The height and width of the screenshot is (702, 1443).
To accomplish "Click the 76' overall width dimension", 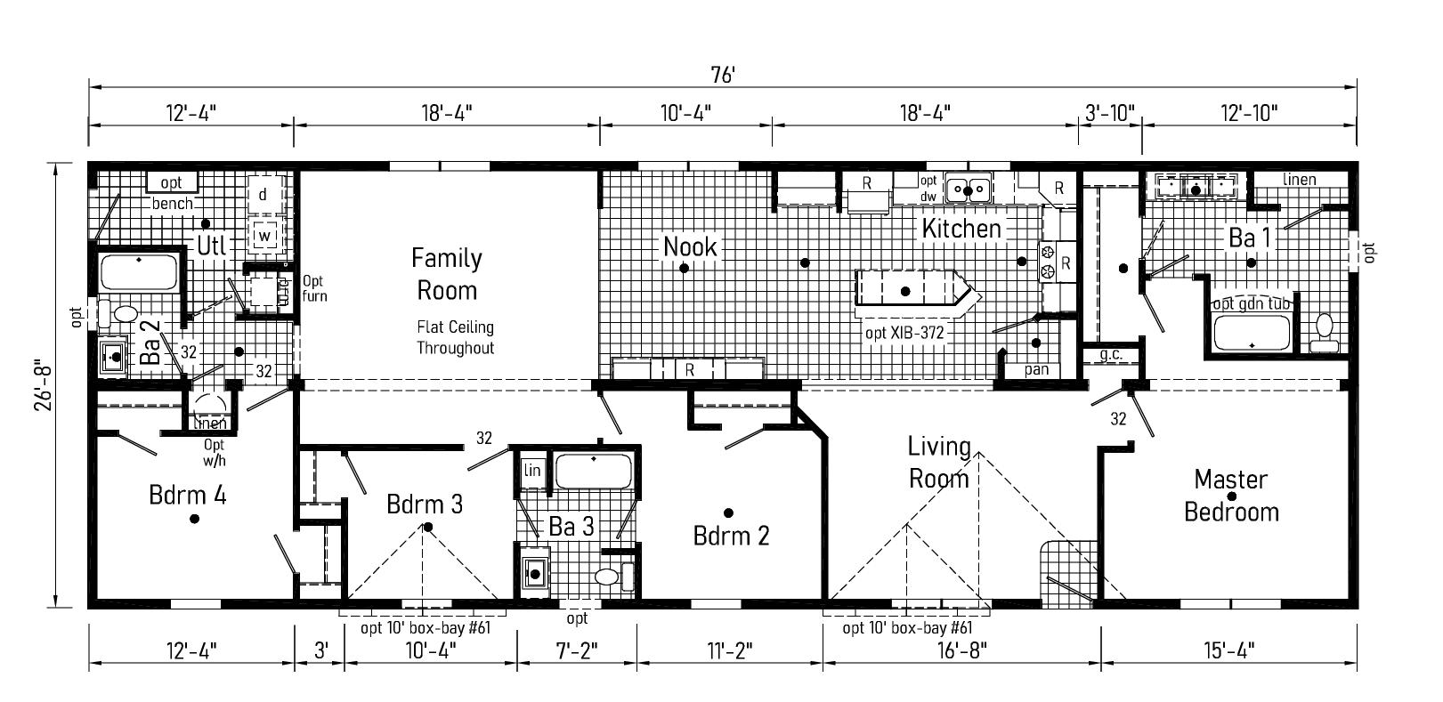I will (722, 76).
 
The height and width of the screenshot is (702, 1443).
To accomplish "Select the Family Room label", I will (447, 274).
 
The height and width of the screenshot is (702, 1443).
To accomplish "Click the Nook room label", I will (690, 246).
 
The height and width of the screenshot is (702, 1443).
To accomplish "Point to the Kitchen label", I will (961, 229).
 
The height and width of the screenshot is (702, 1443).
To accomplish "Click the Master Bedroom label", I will (1231, 496).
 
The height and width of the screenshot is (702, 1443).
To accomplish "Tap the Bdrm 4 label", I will (187, 495).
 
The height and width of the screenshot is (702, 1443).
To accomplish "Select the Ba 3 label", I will (571, 527).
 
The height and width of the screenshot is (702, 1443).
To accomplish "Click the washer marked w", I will (264, 236).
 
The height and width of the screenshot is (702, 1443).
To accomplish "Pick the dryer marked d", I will (263, 194).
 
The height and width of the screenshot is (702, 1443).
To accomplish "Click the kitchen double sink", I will (969, 189).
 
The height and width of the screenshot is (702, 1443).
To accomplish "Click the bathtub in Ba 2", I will (139, 272).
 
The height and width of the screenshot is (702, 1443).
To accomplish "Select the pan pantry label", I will (1036, 369).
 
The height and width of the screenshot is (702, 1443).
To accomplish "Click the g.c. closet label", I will (1110, 355).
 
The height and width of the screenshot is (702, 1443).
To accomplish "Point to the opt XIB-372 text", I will (904, 334).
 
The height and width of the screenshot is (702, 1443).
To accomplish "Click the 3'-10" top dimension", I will (1110, 112).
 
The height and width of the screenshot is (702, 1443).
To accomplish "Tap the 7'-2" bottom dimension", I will (577, 650).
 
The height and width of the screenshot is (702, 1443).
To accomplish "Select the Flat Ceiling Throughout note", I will (455, 337).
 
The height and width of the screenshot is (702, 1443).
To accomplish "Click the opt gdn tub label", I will (1252, 303).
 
